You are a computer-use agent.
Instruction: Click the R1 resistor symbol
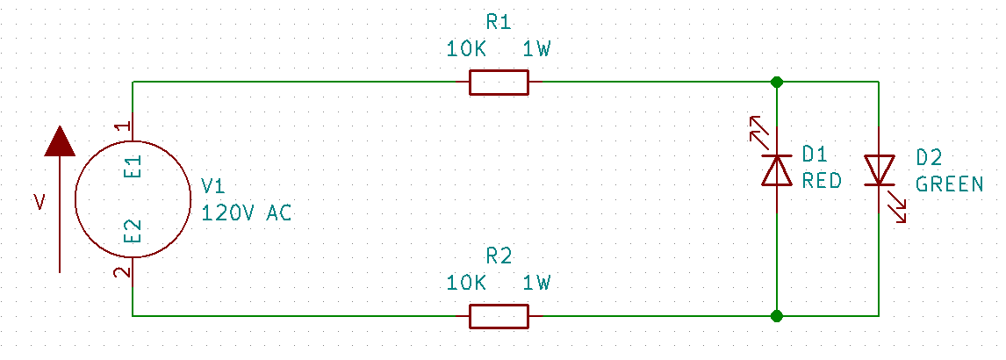(x=499, y=83)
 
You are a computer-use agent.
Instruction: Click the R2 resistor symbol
(x=499, y=315)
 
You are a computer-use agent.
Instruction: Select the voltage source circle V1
(x=133, y=199)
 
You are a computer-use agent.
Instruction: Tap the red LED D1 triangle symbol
(x=777, y=170)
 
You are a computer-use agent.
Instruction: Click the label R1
(x=499, y=22)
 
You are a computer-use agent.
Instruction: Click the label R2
(x=499, y=256)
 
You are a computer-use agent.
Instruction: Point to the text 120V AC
(x=246, y=212)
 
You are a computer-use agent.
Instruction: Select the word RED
(x=822, y=182)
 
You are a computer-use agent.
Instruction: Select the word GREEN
(x=950, y=185)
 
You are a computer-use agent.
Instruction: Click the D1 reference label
(x=815, y=156)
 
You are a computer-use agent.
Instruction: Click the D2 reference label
(x=929, y=158)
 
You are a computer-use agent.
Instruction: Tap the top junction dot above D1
(x=777, y=83)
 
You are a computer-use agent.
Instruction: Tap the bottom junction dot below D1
(x=777, y=315)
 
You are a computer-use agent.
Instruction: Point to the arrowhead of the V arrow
(x=60, y=140)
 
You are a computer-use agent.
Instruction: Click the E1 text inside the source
(x=133, y=167)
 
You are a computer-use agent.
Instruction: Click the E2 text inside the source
(x=133, y=232)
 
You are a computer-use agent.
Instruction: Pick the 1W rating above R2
(x=536, y=284)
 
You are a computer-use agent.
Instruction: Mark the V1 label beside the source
(x=213, y=186)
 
